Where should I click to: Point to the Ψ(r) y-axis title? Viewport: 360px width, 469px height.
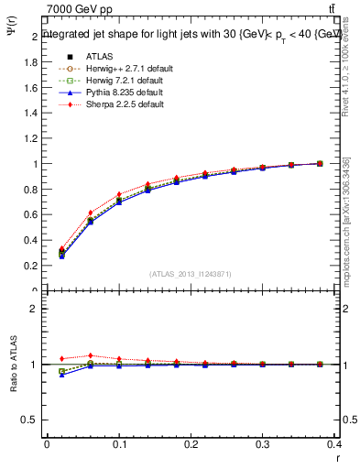(11, 37)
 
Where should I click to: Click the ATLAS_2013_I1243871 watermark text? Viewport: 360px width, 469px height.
(191, 274)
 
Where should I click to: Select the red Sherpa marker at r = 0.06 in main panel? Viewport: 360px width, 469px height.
(90, 213)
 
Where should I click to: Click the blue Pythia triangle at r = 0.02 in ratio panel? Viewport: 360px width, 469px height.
(61, 375)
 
